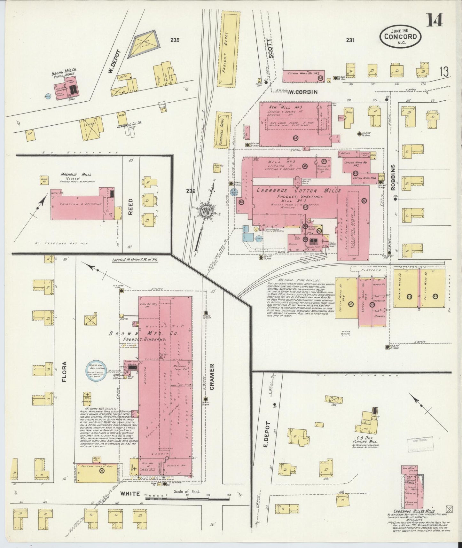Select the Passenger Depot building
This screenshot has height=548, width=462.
[x=223, y=130]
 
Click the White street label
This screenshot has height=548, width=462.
[x=130, y=502]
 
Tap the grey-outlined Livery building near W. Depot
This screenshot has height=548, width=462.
[x=143, y=44]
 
